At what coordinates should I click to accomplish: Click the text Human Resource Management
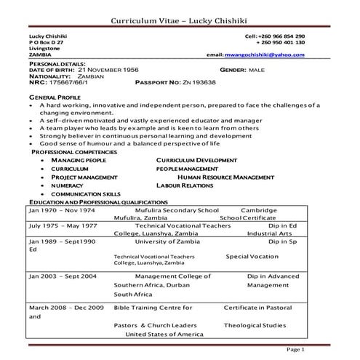click(x=231, y=177)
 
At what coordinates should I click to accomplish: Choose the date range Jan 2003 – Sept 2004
click(x=63, y=276)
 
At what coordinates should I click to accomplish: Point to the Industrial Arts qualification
click(x=268, y=234)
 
